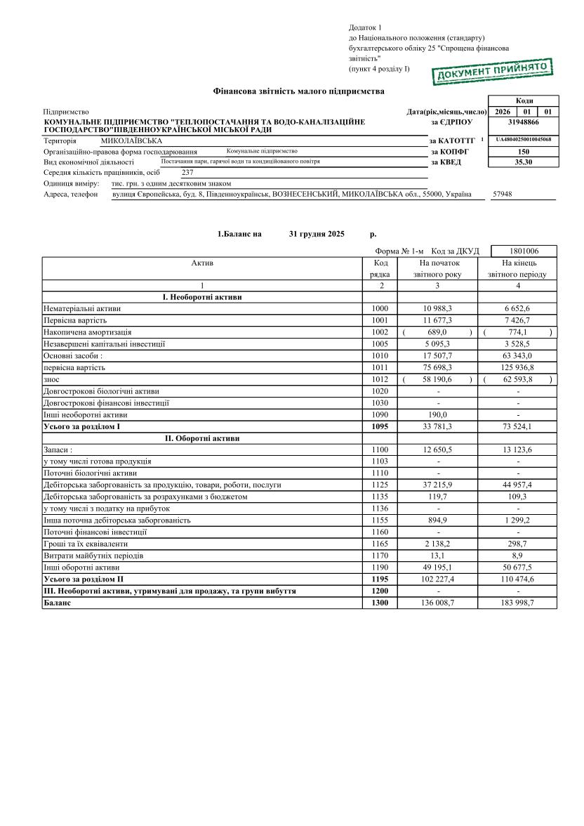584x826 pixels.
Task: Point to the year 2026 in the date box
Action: pos(502,112)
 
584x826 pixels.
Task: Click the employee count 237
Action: pos(187,172)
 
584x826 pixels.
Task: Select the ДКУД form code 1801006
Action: pos(523,251)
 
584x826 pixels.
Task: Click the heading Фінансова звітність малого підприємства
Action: pos(298,91)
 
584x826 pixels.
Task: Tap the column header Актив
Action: pos(202,263)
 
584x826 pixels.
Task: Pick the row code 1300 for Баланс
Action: pos(380,603)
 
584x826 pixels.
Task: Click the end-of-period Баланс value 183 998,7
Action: pos(518,603)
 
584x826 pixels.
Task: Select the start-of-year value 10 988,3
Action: pos(437,308)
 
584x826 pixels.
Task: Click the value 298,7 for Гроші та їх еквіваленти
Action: pos(518,544)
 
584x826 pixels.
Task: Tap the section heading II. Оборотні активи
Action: pos(202,438)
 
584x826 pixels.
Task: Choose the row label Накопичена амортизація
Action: pos(88,332)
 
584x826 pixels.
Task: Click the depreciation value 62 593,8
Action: pos(518,379)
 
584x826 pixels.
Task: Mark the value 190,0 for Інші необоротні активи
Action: pos(437,414)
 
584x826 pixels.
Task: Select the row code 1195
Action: pos(380,579)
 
